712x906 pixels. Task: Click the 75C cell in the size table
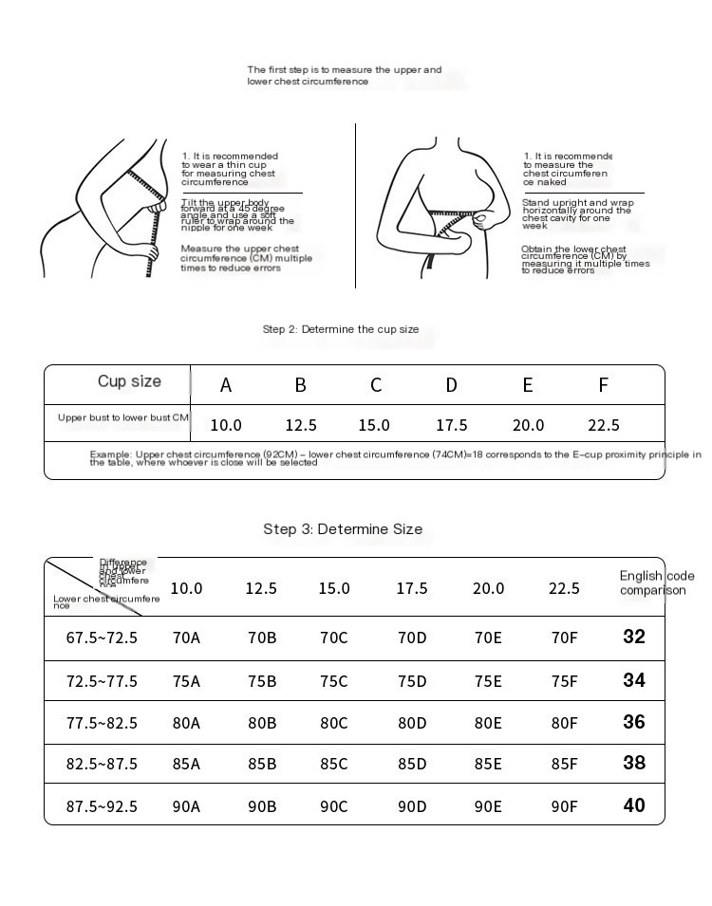(334, 681)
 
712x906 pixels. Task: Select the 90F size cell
(564, 806)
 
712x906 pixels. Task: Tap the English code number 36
(634, 722)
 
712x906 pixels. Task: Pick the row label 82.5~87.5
(102, 764)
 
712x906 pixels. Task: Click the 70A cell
(186, 638)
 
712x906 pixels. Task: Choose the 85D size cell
(412, 764)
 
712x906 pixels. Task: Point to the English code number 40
(634, 805)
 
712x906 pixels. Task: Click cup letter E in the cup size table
(528, 385)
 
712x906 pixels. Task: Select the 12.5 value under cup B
(301, 425)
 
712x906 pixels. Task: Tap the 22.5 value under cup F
(604, 425)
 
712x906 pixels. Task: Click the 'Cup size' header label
(129, 381)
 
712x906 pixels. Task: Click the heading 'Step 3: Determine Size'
(343, 529)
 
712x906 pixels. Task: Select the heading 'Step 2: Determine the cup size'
(340, 329)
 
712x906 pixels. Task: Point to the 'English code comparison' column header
(656, 582)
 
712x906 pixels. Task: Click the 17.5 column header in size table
(412, 589)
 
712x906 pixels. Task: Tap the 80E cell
(488, 723)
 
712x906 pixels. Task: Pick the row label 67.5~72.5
(102, 638)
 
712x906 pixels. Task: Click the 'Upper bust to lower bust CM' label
(123, 417)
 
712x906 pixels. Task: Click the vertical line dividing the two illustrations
(355, 204)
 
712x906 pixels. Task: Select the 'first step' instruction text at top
(344, 76)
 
